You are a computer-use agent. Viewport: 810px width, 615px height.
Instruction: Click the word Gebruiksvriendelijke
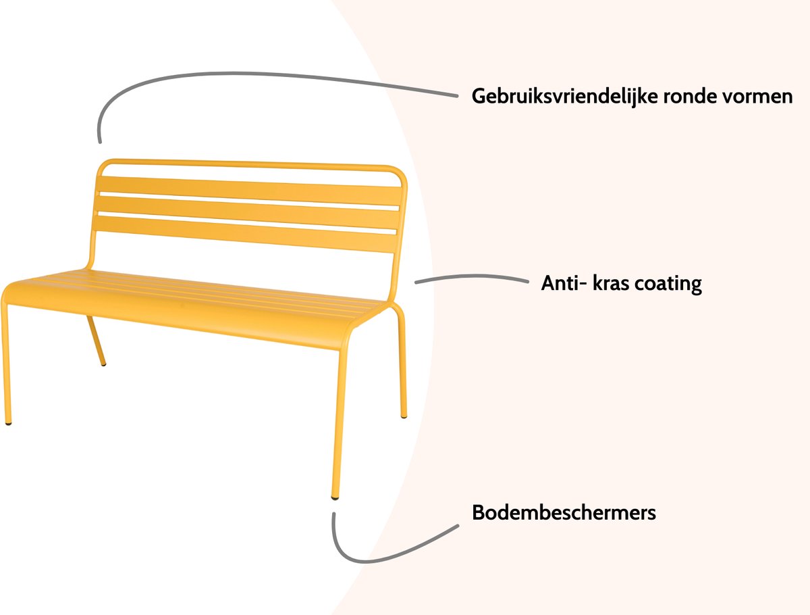tap(564, 97)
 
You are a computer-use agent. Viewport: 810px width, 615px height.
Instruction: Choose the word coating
tap(668, 285)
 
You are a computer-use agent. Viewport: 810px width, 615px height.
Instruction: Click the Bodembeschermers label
tap(564, 513)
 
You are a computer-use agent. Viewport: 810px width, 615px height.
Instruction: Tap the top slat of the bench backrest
tap(248, 190)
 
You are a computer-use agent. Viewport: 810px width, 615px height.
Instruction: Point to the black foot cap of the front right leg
tap(335, 498)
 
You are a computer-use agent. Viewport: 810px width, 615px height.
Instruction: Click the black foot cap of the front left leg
tap(9, 423)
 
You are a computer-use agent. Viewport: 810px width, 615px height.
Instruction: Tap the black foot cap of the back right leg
tap(404, 417)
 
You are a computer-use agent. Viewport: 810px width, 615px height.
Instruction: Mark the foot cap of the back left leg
tap(103, 364)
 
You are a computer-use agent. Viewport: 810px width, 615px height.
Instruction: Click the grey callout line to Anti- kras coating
tap(472, 276)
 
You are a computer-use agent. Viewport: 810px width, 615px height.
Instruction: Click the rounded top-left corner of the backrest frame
tap(105, 166)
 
